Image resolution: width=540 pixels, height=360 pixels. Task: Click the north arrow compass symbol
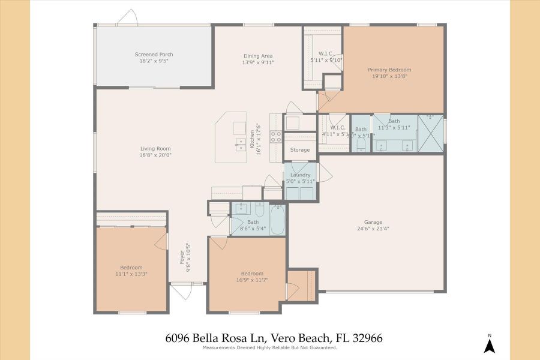pos(490,344)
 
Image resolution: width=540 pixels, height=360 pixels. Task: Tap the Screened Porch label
pos(154,55)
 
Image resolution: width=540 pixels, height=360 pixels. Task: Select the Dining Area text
pos(258,56)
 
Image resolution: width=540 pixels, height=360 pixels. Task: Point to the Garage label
pos(373,221)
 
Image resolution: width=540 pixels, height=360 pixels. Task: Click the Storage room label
pos(300,150)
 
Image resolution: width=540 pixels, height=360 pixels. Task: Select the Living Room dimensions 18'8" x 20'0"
pos(156,155)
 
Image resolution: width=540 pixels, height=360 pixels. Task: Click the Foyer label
pos(182,258)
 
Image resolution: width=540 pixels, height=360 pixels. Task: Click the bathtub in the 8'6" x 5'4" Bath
pos(278,220)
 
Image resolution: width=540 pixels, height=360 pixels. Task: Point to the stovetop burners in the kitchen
pos(276,137)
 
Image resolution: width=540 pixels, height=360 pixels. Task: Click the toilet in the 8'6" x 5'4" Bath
pos(259,210)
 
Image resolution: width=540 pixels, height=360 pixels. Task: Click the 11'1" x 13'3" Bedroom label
pos(131,267)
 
